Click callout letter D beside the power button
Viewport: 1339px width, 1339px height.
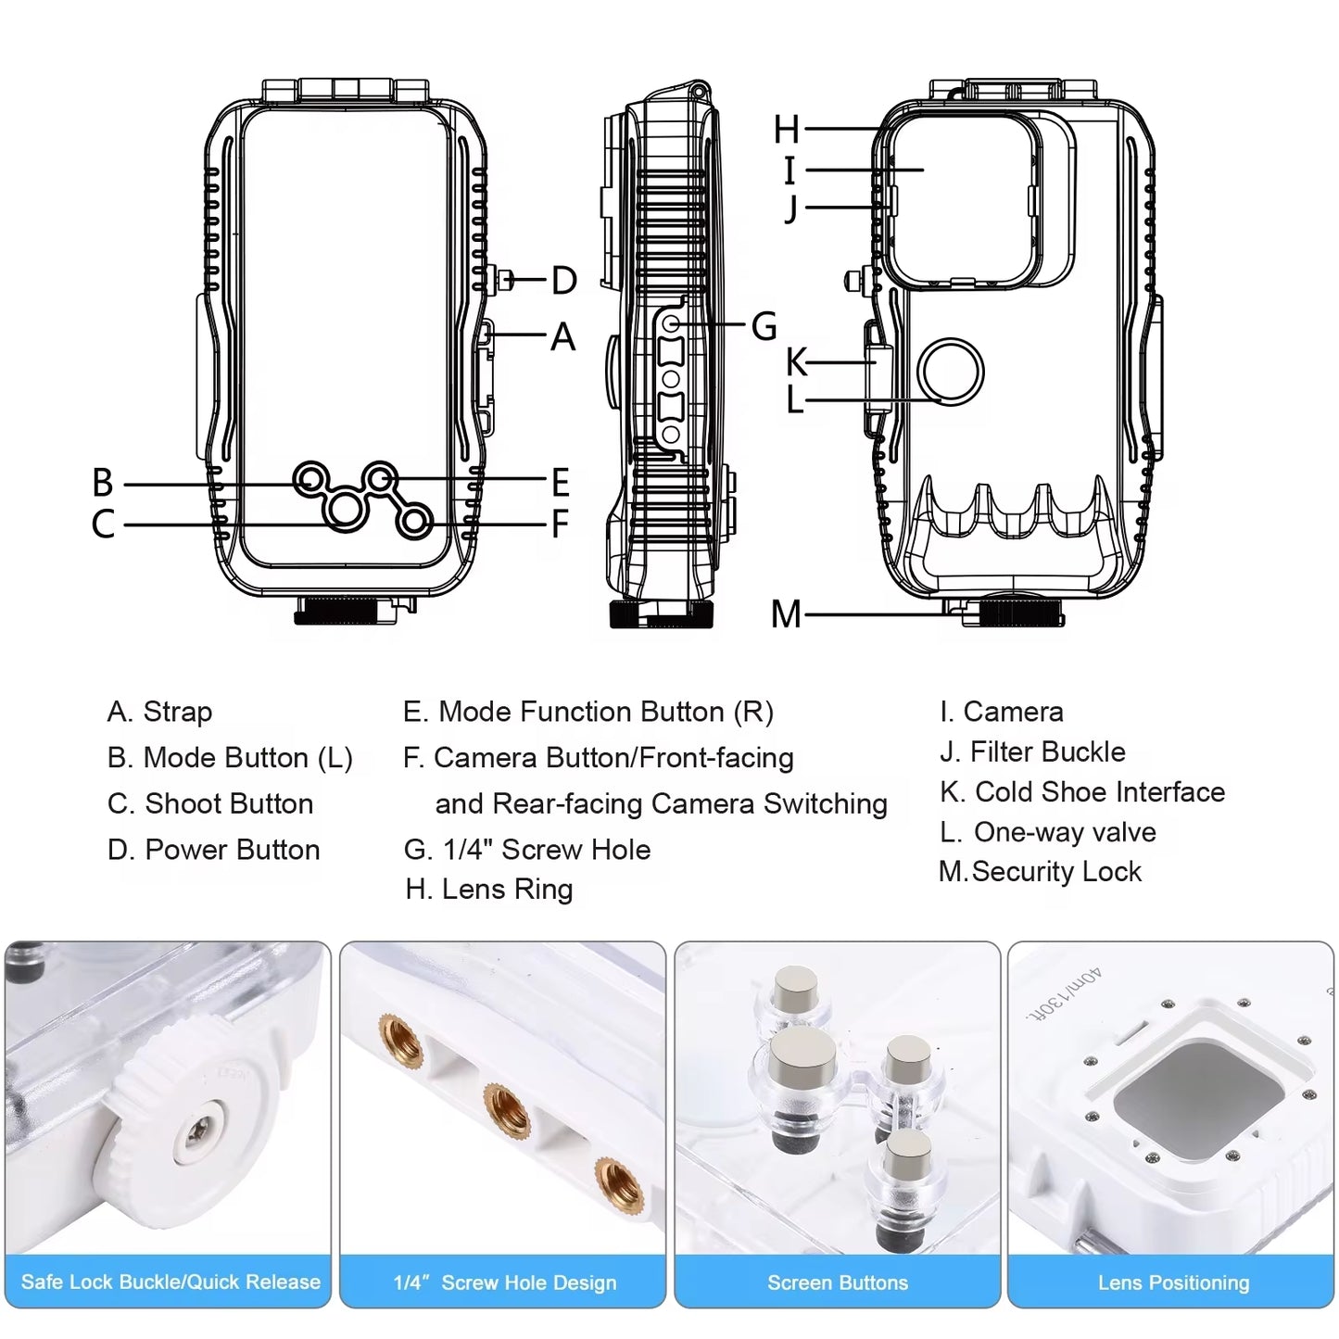click(563, 280)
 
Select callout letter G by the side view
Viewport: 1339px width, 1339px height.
click(764, 325)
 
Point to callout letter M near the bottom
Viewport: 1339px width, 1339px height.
click(786, 613)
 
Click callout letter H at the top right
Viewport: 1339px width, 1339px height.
click(787, 130)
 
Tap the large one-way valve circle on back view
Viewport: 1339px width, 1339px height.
click(950, 372)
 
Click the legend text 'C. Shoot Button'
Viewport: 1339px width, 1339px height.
click(210, 803)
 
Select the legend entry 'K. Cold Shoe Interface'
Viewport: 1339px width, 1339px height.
click(1081, 791)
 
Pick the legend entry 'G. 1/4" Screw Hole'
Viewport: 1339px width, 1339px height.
click(527, 849)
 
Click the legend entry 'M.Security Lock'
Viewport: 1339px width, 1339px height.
click(1040, 871)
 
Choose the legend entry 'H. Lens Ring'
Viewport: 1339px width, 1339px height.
click(489, 889)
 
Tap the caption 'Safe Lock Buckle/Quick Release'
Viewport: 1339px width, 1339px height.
click(171, 1282)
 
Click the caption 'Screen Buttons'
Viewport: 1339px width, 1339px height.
click(838, 1282)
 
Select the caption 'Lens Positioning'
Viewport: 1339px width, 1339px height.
click(1173, 1282)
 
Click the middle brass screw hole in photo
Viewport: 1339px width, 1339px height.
click(504, 1103)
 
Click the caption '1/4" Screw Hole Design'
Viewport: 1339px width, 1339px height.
click(504, 1282)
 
